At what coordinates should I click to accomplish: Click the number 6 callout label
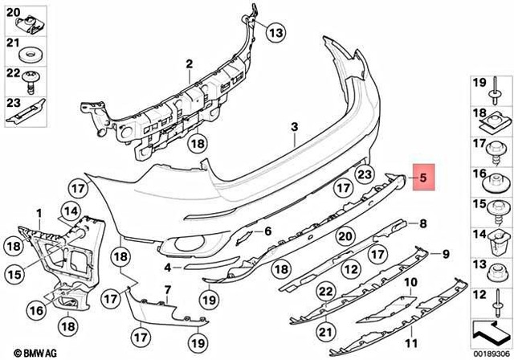[268, 231]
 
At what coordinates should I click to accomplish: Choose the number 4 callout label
[167, 267]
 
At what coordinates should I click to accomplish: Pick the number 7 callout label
[168, 289]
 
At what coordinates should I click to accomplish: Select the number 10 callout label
[410, 282]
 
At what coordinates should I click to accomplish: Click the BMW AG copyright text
[24, 352]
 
